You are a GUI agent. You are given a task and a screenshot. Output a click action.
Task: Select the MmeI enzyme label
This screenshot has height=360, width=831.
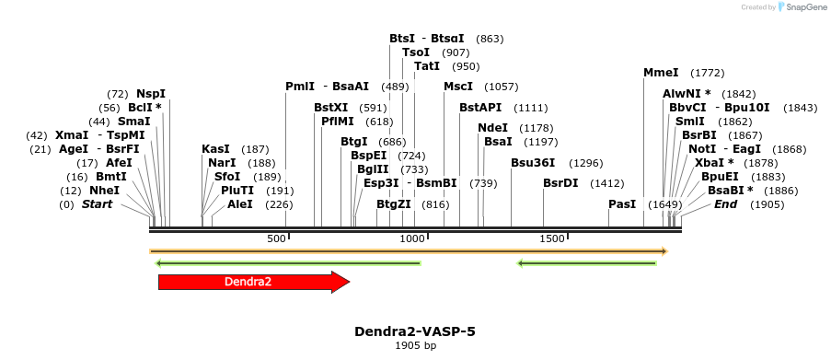[x=661, y=73]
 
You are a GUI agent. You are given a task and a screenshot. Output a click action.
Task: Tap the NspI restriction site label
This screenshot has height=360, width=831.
[x=151, y=94]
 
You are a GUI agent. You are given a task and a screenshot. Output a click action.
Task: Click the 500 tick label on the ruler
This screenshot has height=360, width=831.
[x=277, y=238]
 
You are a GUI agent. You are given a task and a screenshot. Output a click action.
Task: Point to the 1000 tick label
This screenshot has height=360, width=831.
[x=411, y=238]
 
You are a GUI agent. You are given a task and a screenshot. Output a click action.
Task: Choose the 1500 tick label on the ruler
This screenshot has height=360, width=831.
[x=551, y=238]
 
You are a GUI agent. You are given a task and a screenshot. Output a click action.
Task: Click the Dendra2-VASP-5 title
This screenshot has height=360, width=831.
[x=415, y=331]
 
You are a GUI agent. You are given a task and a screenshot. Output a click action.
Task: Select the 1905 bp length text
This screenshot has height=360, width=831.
[x=415, y=346]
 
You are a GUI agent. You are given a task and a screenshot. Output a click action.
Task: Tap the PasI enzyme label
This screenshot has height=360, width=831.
[x=622, y=204]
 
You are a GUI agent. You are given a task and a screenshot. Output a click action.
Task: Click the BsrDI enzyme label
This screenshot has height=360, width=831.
[x=560, y=183]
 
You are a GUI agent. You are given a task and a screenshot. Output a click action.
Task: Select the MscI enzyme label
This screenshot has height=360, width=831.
[x=458, y=87]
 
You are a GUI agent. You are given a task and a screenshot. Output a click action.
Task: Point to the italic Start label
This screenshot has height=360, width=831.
[x=97, y=204]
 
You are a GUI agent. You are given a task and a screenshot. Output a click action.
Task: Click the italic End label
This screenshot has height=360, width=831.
[x=725, y=204]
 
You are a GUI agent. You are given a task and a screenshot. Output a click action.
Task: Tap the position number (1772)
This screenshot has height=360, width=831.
[x=708, y=73]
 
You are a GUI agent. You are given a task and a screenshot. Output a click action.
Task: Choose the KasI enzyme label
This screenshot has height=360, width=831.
[x=215, y=149]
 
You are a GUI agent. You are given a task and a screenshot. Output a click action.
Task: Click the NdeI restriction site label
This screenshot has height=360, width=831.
[x=492, y=128]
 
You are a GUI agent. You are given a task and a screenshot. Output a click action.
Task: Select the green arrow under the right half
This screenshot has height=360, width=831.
[x=587, y=263]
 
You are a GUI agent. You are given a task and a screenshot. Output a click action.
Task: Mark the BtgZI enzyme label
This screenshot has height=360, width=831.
[x=394, y=204]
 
